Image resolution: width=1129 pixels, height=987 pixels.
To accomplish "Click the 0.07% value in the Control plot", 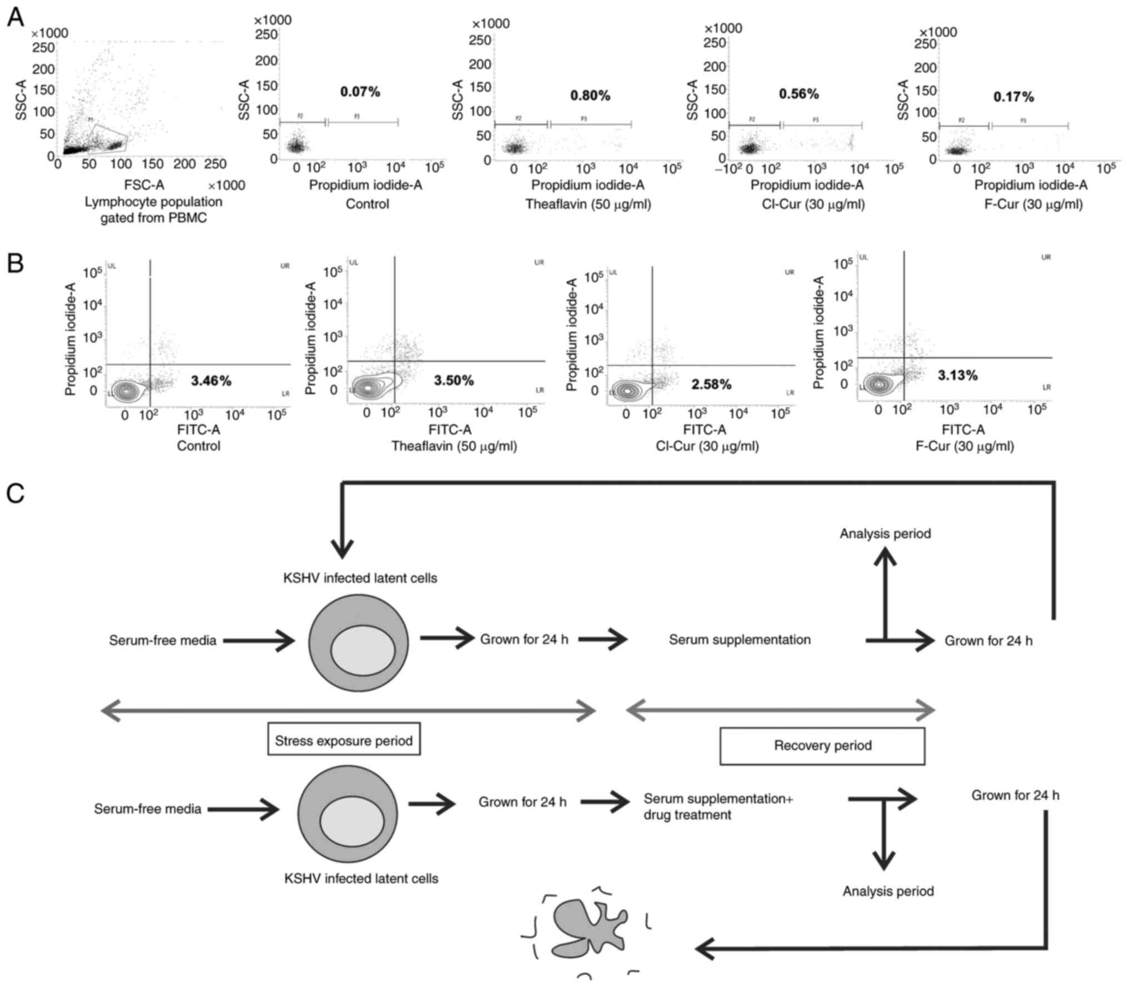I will point(360,92).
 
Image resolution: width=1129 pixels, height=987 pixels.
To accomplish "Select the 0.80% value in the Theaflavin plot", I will point(590,96).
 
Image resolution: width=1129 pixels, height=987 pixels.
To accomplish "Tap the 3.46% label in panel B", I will point(211,381).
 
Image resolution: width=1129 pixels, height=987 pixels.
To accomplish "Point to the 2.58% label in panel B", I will point(711,384).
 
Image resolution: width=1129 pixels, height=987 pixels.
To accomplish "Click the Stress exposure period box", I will point(344,740).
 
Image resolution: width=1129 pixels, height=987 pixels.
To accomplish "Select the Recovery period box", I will point(822,745).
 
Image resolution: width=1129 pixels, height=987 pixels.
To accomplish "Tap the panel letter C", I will point(15,493).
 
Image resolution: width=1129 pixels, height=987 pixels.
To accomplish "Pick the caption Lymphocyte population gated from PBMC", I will point(153,210).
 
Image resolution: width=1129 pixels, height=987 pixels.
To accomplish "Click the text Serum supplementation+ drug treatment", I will point(718,806).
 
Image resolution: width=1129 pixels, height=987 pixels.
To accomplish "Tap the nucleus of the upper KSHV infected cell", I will point(363,649).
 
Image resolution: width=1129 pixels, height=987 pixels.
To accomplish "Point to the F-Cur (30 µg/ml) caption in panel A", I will point(1033,204).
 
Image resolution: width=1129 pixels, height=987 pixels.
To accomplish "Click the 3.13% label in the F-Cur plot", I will point(958,376).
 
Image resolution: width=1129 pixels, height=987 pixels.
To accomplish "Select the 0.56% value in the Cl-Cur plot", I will point(798,94).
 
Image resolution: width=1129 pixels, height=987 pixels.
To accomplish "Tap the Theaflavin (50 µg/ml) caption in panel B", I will point(454,446).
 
